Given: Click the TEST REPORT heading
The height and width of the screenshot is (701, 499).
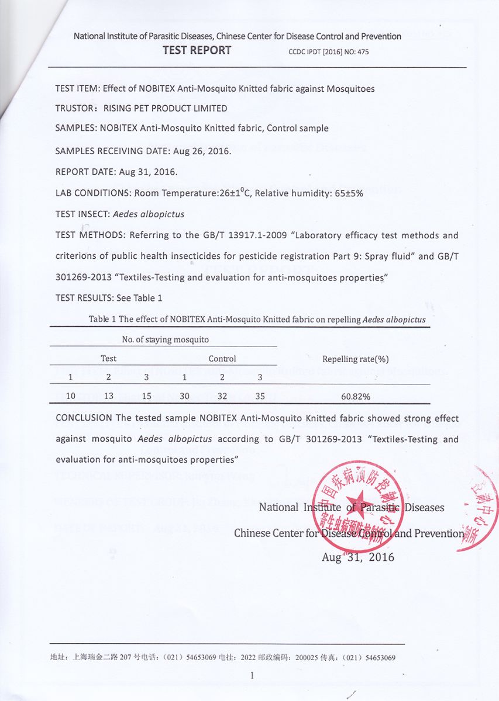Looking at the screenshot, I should [197, 50].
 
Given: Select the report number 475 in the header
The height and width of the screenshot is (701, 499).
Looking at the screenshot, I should [363, 52].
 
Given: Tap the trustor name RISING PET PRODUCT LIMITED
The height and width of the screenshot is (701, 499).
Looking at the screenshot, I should [166, 108].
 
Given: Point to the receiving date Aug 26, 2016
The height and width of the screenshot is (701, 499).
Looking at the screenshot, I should [202, 151].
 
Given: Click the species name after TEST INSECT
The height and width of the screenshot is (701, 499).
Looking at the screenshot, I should [147, 214].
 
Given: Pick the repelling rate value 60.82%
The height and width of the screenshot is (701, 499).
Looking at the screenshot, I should [355, 396].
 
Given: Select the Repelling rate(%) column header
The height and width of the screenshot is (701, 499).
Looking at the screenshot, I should [355, 359].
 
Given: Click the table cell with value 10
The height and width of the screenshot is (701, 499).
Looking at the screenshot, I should [70, 396].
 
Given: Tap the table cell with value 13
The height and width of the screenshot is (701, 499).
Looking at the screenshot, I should [109, 396].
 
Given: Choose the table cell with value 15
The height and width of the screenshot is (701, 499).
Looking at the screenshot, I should [147, 396].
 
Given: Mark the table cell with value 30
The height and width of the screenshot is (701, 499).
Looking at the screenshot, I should [184, 396].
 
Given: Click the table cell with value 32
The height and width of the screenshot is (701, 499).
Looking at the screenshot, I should [222, 396].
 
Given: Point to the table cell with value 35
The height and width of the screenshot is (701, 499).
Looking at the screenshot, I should [260, 396].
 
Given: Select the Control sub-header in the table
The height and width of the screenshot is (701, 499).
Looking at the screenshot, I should [222, 359].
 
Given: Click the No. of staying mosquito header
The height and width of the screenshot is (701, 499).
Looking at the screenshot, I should [165, 339].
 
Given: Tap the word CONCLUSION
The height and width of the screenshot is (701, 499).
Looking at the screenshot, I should [84, 418].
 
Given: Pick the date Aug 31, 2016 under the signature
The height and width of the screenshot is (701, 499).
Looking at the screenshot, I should [357, 557].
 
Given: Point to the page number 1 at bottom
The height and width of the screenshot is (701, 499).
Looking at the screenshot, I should [252, 676].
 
